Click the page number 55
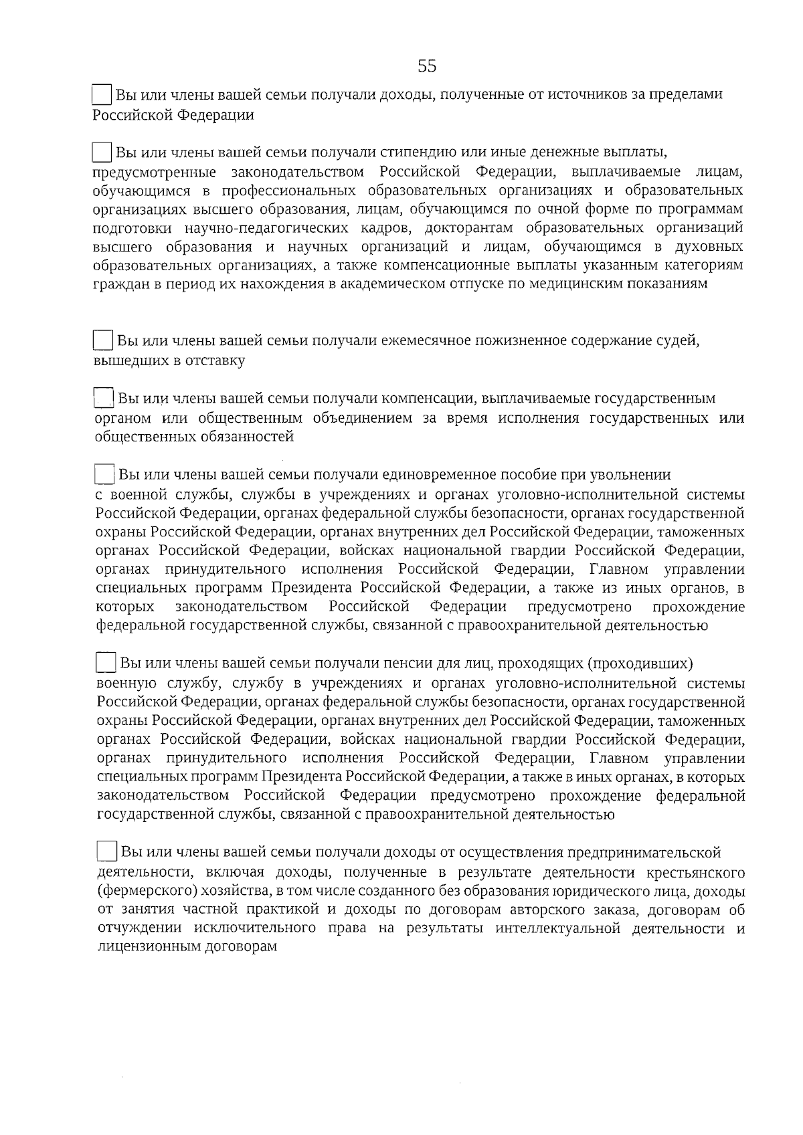[427, 66]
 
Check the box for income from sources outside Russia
[102, 94]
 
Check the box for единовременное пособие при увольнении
[105, 474]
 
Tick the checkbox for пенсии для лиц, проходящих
[106, 663]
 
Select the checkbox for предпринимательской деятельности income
[107, 851]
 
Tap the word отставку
[214, 360]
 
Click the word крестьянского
[696, 873]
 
